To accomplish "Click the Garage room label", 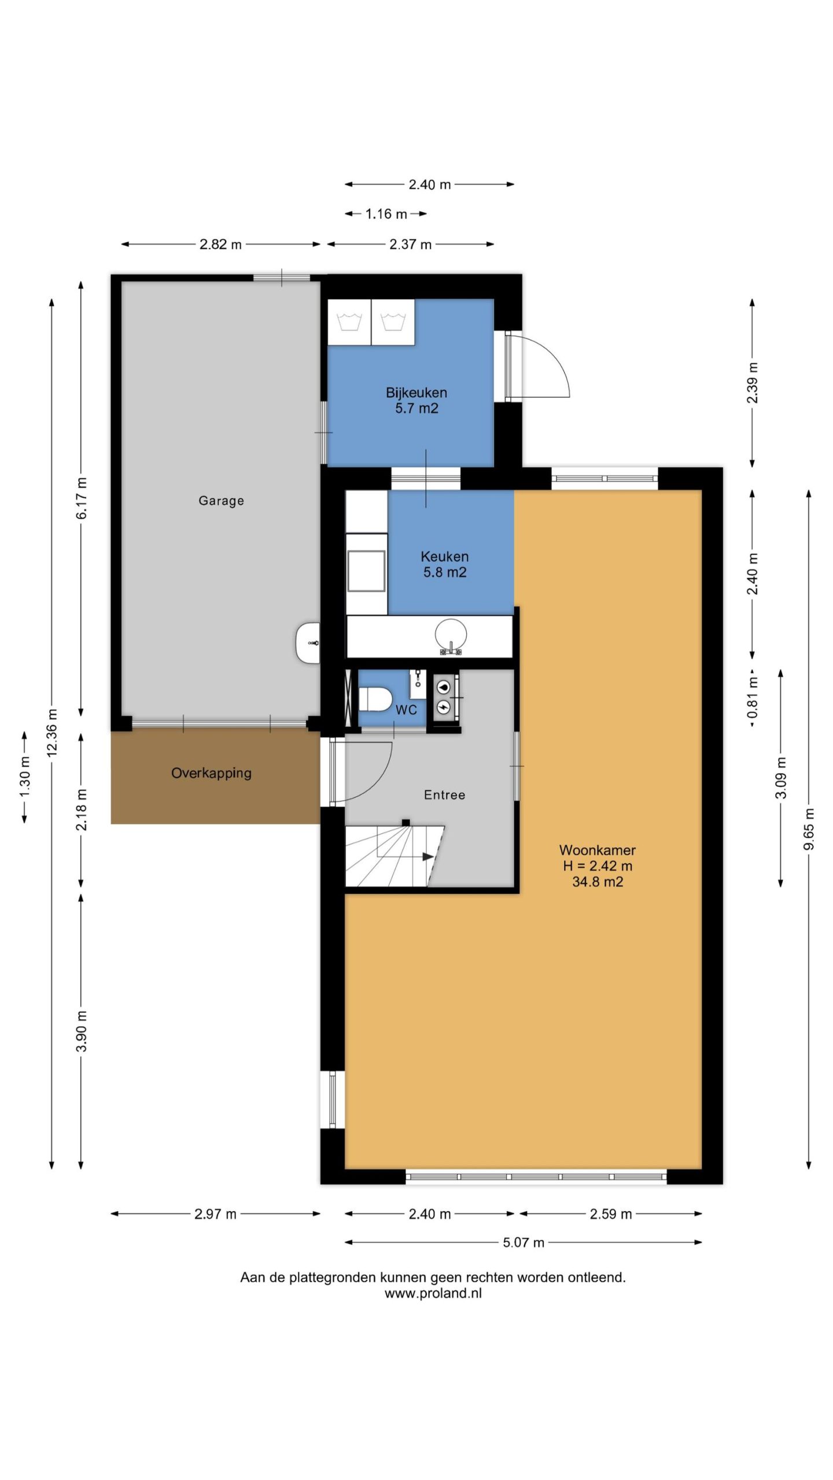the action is click(221, 501).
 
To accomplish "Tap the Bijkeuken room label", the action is click(417, 393).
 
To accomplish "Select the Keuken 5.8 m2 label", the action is click(445, 564).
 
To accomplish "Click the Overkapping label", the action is click(211, 773).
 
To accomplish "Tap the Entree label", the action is click(444, 795).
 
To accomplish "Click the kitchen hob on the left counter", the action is click(366, 571).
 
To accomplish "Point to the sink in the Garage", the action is click(308, 643).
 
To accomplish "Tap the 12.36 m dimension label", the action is click(52, 733).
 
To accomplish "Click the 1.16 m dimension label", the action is click(386, 214).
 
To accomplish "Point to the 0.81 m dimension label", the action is click(753, 698).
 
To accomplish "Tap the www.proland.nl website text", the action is click(433, 1294).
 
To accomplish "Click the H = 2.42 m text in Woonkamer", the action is click(598, 866).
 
